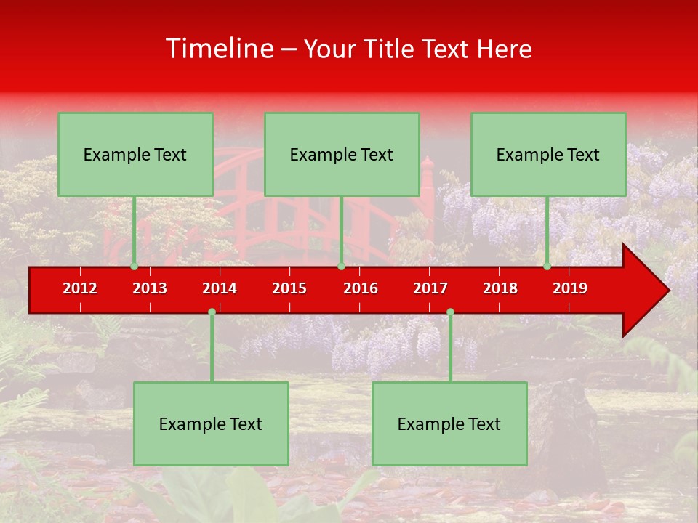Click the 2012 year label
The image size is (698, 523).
pos(80,288)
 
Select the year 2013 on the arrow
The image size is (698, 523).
pos(150,288)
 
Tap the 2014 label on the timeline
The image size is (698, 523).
pos(220,288)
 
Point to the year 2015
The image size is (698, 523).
pos(289,288)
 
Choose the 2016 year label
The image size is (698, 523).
pos(361,288)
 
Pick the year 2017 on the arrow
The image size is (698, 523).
pos(430,288)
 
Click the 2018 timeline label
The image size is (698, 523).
pos(500,288)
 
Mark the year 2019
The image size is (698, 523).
pos(570,288)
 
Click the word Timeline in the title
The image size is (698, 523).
pos(219,49)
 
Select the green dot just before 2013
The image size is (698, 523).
pos(134,267)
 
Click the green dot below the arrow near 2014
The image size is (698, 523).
pos(212,312)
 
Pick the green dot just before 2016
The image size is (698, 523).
pos(341,267)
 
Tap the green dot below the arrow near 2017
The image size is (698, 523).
pos(450,312)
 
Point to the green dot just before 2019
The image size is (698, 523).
pos(547,267)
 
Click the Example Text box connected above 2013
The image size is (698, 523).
pos(135,154)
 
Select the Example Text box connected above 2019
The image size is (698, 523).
pos(548,154)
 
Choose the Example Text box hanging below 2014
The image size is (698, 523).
pos(211,423)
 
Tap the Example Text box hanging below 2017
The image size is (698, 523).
pos(449,423)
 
